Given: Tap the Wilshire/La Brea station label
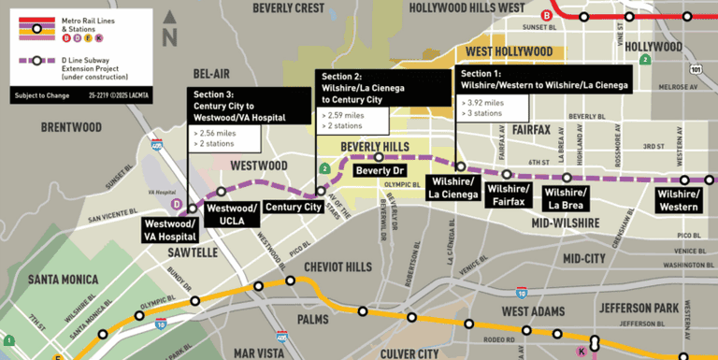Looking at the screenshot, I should (567, 198).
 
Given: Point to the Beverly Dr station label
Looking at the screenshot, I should (379, 172).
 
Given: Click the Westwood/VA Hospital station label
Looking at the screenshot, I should (169, 230).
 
